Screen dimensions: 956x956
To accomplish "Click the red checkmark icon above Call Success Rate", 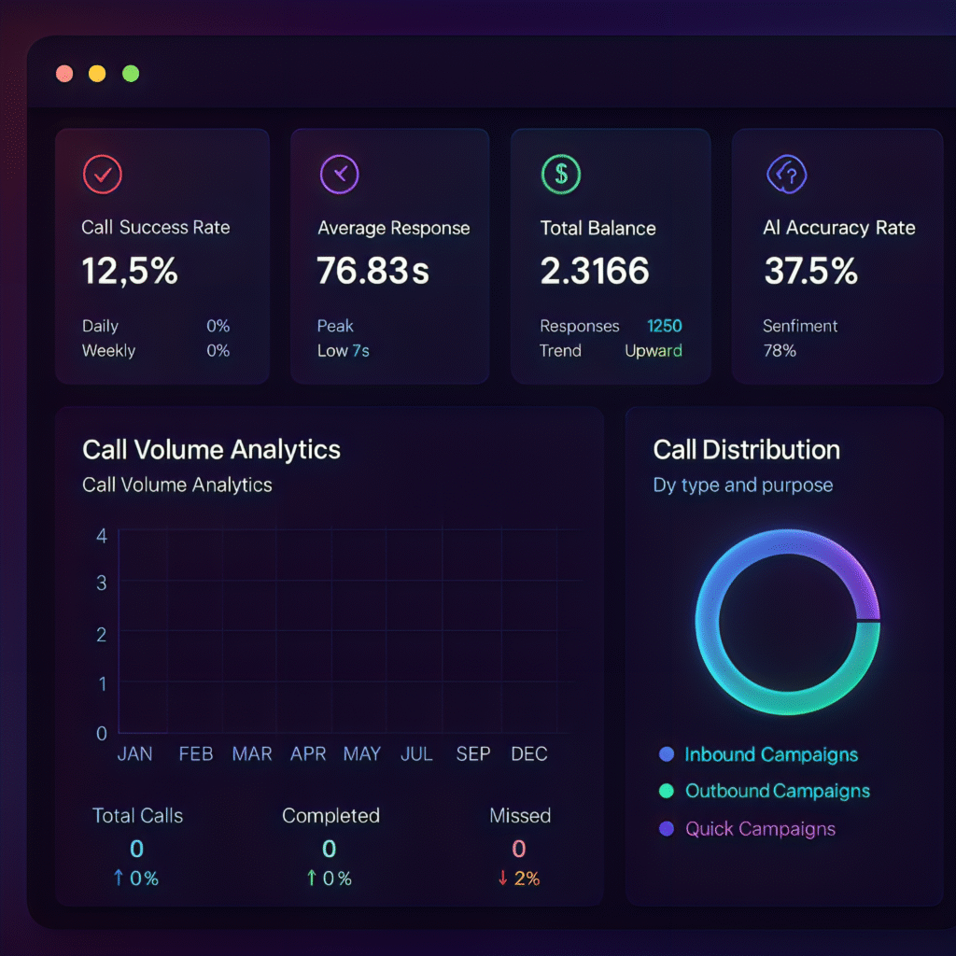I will pos(103,174).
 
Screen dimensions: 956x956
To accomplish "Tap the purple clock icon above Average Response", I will pos(339,174).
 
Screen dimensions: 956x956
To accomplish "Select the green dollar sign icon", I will pos(561,174).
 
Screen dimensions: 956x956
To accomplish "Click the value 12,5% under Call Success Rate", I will pos(130,271).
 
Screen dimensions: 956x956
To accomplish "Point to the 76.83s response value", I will pos(373,271).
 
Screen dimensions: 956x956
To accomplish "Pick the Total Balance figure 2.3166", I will pos(595,271).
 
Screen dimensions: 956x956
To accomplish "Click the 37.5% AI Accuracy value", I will pos(810,271).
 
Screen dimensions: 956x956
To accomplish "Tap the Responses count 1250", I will pos(664,326).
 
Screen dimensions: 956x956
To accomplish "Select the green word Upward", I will pos(653,351).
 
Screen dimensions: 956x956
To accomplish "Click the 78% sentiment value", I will pos(780,351).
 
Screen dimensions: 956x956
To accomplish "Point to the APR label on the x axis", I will pos(308,753).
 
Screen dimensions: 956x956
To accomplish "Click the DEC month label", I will pos(528,753).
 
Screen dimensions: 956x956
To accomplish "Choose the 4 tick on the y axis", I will pos(102,536).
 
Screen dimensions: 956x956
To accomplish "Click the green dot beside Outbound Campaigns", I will pos(666,791).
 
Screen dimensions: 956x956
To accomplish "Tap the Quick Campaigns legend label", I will pos(760,829).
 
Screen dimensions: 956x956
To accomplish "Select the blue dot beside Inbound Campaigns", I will pos(666,754).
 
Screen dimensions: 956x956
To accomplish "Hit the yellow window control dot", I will pos(97,74).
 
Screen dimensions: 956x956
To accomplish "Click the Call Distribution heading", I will pos(746,450).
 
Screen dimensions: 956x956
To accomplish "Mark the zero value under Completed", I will pos(330,849).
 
